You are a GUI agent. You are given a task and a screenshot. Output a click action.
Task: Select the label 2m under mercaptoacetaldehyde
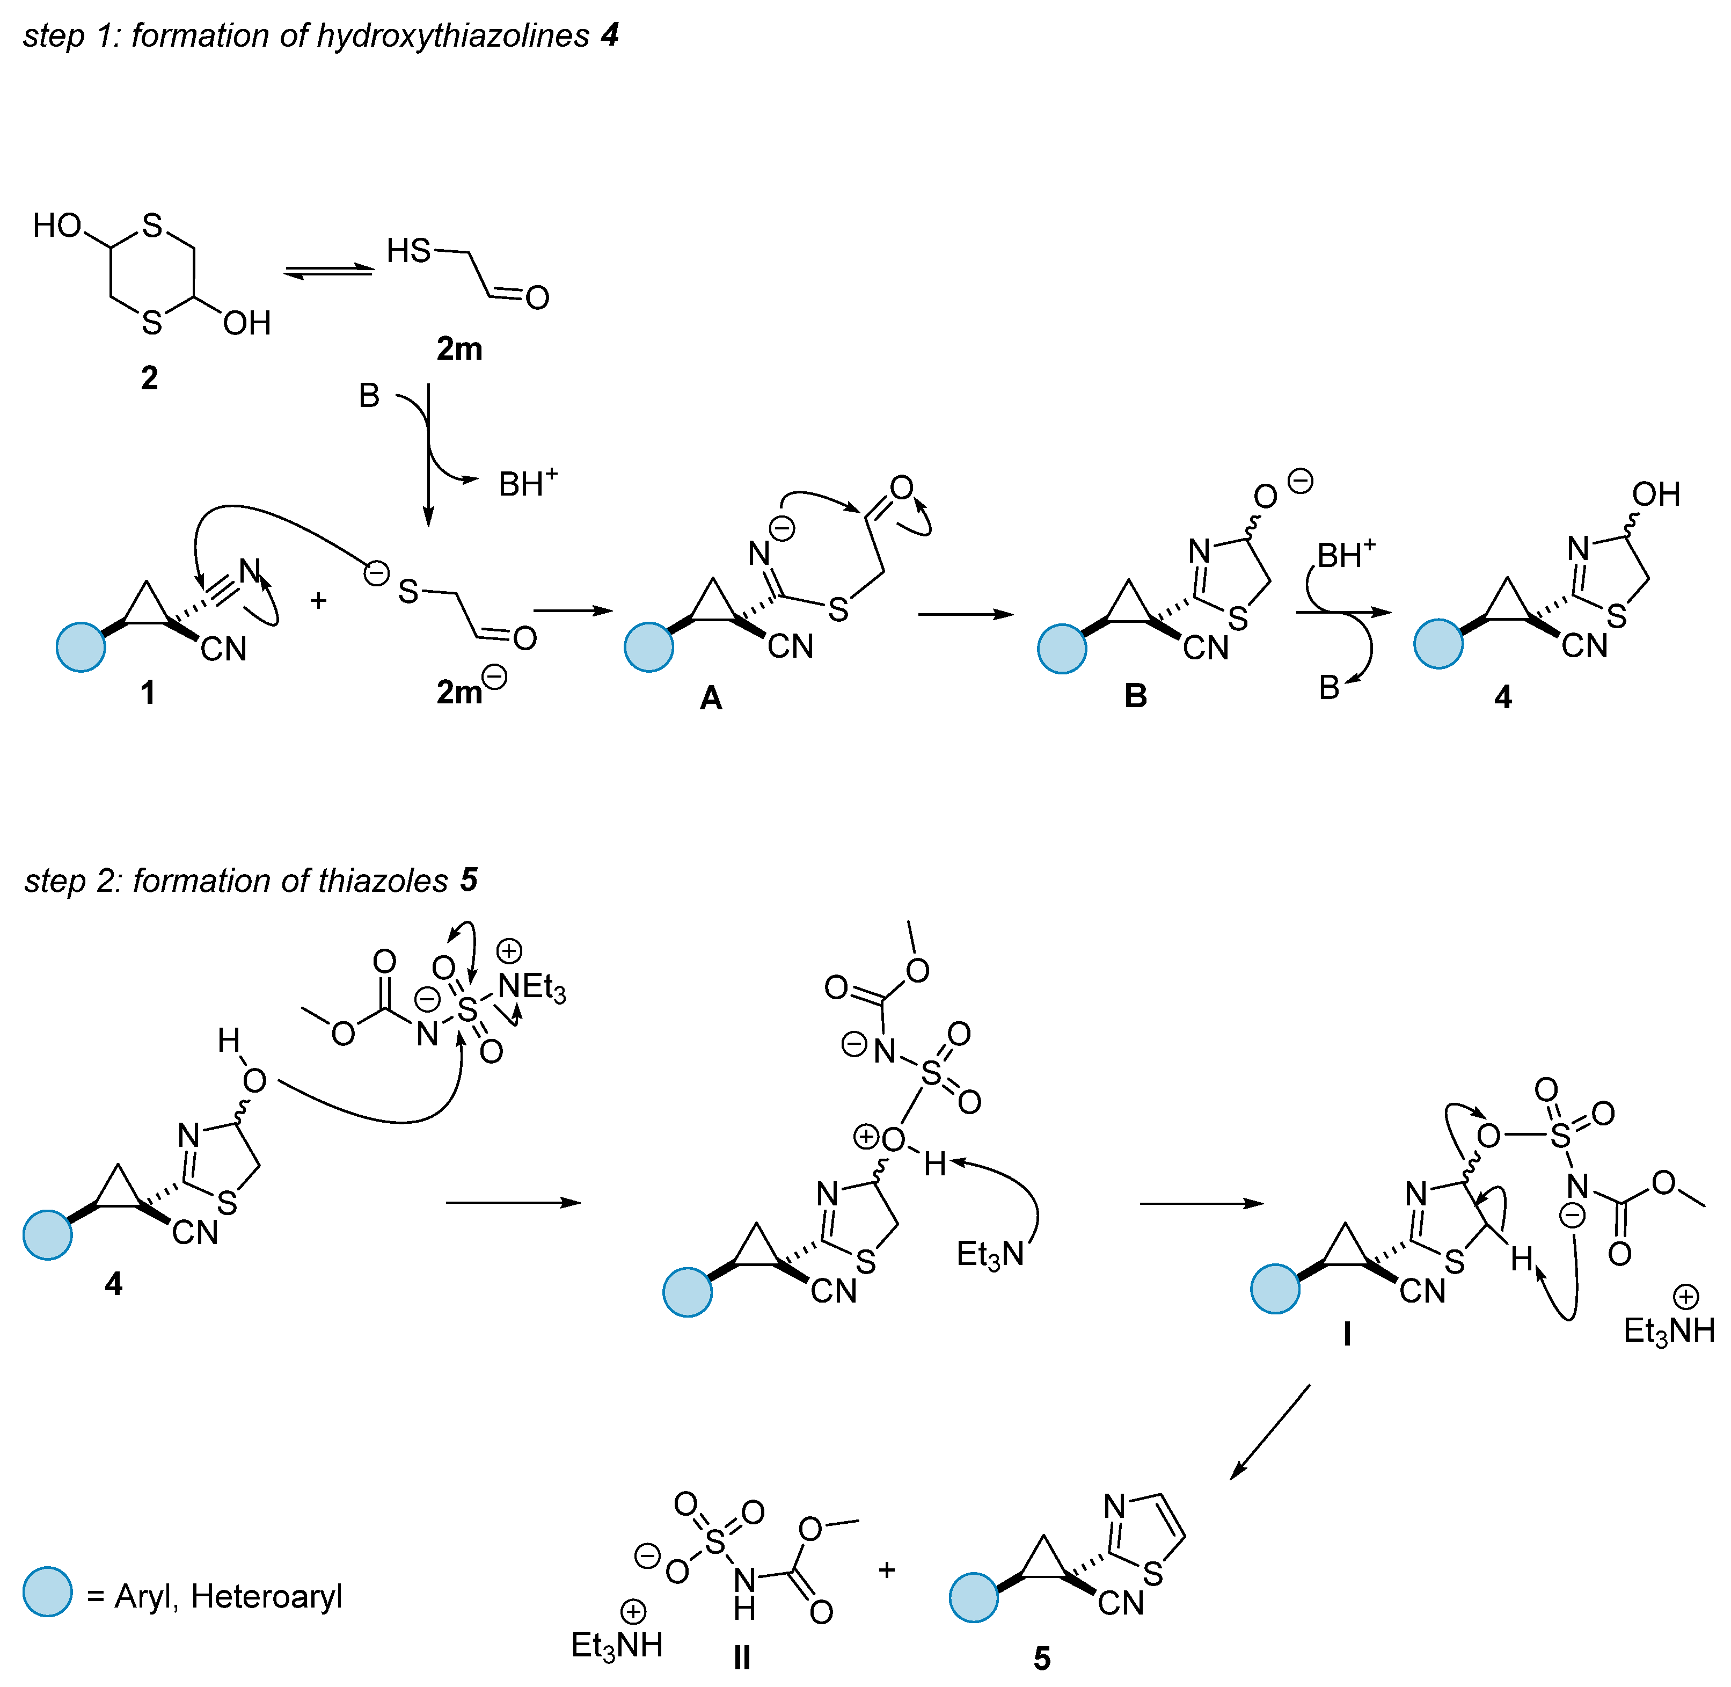click(x=459, y=349)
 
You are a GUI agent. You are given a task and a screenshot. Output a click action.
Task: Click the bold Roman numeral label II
click(x=742, y=1658)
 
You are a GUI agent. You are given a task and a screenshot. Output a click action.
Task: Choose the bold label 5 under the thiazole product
click(x=1042, y=1659)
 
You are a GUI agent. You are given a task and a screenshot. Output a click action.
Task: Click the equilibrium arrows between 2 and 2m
click(x=328, y=272)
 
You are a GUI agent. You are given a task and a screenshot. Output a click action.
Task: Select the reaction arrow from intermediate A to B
click(x=966, y=614)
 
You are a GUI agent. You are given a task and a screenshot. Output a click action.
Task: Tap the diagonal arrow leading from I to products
click(x=1269, y=1432)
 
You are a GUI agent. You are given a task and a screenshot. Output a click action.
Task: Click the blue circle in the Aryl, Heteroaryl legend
click(x=47, y=1592)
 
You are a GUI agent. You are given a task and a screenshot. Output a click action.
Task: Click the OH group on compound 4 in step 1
click(x=1656, y=495)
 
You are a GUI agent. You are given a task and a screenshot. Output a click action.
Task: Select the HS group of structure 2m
click(x=408, y=252)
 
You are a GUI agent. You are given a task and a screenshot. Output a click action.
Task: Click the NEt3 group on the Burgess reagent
click(x=531, y=986)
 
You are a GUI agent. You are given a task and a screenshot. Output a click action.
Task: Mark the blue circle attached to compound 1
click(x=81, y=647)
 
